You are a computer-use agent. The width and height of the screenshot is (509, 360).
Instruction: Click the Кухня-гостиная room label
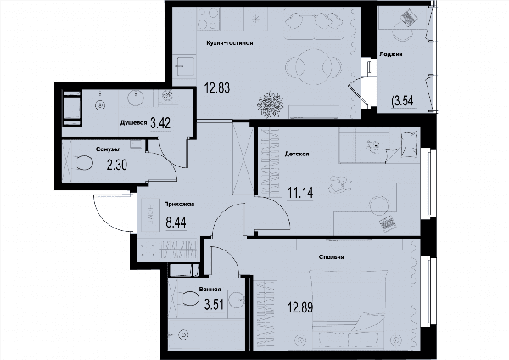(x=230, y=43)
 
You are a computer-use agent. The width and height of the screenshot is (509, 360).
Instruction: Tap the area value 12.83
(x=217, y=87)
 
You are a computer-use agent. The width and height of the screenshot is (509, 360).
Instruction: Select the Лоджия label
(x=391, y=54)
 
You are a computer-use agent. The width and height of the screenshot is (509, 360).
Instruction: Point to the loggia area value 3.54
(x=403, y=101)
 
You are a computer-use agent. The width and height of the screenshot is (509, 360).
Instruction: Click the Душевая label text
(x=134, y=123)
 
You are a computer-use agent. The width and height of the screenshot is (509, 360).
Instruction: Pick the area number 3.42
(x=160, y=123)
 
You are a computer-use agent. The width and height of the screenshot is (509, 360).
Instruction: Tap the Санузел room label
(x=109, y=149)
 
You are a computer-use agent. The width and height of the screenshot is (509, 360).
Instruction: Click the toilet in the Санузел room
(x=84, y=162)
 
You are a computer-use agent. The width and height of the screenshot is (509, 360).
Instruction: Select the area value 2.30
(x=117, y=165)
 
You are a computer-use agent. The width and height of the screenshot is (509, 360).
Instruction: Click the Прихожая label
(x=179, y=205)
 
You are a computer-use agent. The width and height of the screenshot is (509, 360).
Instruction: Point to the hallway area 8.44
(x=176, y=223)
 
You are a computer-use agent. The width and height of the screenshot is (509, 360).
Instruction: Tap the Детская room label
(x=297, y=154)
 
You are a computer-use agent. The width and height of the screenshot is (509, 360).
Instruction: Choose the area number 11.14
(x=300, y=193)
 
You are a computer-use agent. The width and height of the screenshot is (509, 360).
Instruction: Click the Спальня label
(x=331, y=257)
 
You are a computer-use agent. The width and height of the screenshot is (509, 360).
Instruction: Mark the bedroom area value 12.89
(x=300, y=307)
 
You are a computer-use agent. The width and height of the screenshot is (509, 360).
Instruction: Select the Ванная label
(x=210, y=290)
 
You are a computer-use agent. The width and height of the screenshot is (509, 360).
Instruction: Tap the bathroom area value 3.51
(x=214, y=305)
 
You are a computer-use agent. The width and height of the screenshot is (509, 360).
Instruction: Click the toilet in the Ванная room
(x=188, y=298)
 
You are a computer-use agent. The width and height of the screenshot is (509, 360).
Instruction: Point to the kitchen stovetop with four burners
(x=208, y=19)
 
